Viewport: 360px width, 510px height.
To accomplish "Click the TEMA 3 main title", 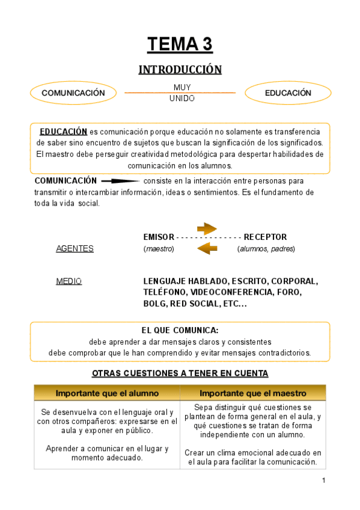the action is click(x=180, y=45).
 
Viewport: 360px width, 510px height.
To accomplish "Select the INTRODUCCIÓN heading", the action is click(x=180, y=70).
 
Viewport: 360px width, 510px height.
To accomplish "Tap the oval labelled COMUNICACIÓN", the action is click(x=73, y=93).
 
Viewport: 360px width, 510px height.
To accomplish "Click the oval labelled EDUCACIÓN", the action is click(x=288, y=93).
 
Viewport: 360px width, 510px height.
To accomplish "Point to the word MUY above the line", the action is click(x=182, y=88).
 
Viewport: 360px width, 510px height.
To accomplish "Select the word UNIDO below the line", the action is click(x=182, y=99).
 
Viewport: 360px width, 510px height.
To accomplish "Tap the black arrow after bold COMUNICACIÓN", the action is click(x=120, y=180).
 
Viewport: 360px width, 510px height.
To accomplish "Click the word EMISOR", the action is click(x=159, y=237).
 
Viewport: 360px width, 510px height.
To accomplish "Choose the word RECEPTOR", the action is click(x=265, y=237).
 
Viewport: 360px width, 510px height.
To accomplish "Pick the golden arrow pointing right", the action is click(x=207, y=228).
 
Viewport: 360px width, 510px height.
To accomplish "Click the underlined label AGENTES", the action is click(x=75, y=248).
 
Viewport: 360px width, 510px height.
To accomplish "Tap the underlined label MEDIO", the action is click(x=69, y=281).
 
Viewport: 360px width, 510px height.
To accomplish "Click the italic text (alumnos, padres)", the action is click(x=266, y=248).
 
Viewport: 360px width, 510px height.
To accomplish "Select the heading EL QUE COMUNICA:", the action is click(x=180, y=330).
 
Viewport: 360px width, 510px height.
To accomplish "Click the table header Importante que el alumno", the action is click(x=107, y=393).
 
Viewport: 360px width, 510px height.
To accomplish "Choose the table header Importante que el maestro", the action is click(x=252, y=393).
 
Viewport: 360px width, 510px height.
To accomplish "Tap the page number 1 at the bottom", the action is click(x=323, y=480).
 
